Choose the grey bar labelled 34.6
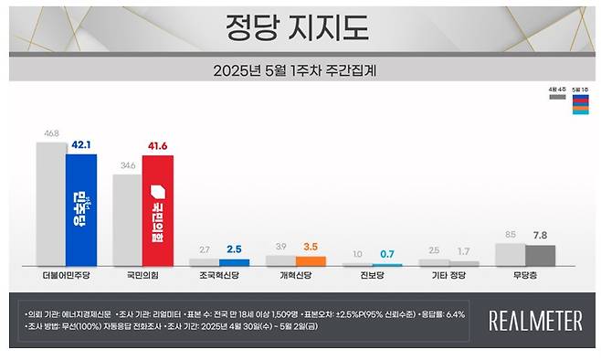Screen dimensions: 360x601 click(127, 219)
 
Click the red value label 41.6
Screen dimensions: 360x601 click(159, 146)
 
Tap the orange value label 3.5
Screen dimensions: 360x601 click(311, 247)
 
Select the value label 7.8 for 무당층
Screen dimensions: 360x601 click(541, 234)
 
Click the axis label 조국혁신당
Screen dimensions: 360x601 click(218, 273)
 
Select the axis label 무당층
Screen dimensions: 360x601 click(525, 273)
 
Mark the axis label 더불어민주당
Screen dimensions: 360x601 click(66, 273)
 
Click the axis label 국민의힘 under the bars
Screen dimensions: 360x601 click(142, 273)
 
